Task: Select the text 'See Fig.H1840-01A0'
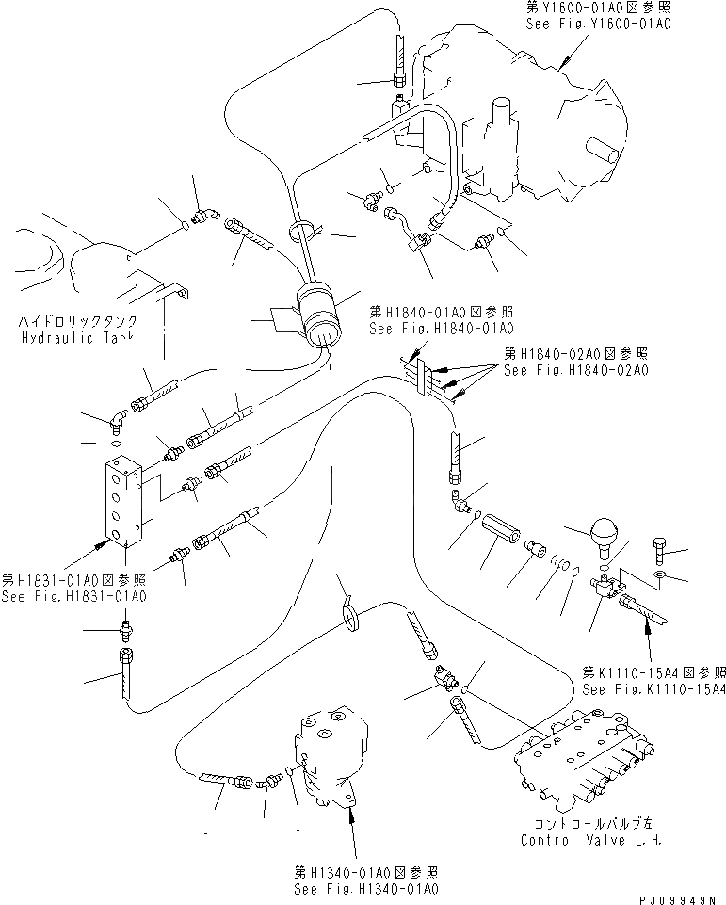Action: click(x=441, y=329)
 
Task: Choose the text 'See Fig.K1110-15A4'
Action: click(x=653, y=689)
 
